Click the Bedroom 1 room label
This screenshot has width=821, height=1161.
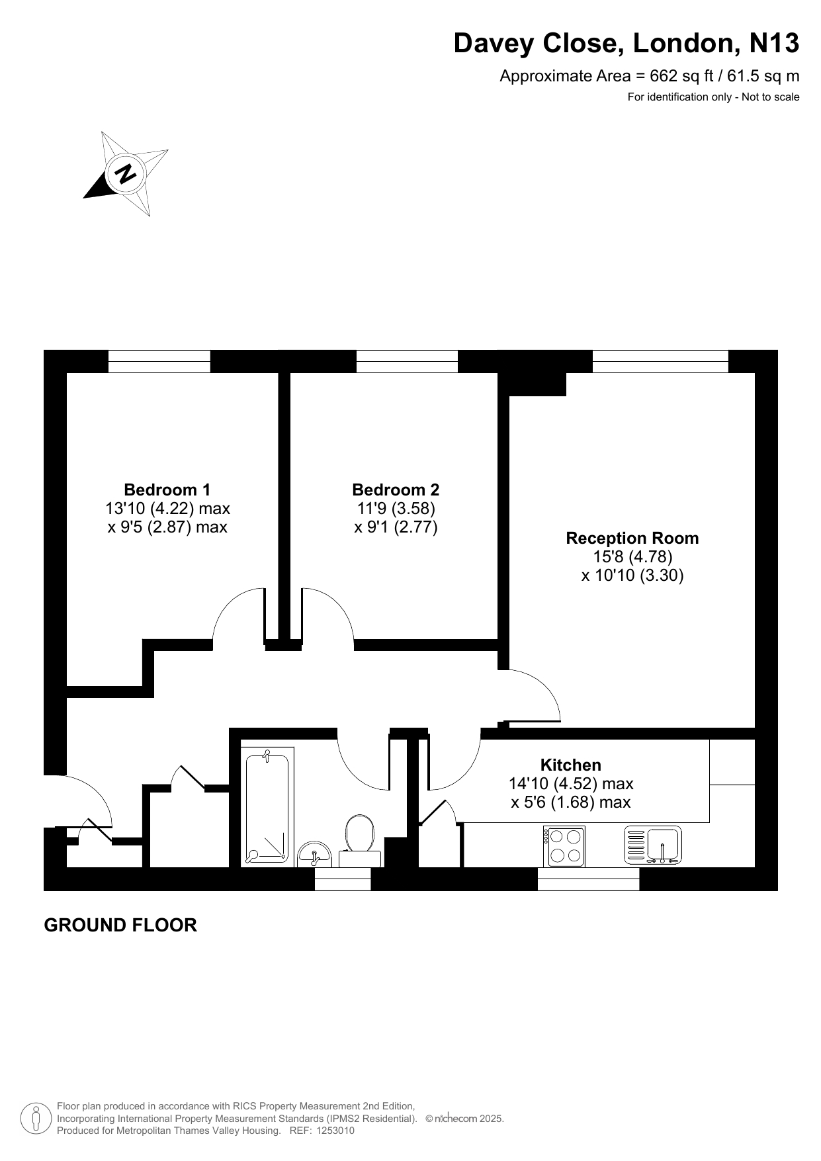pyautogui.click(x=167, y=490)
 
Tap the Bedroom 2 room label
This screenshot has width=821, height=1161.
pyautogui.click(x=396, y=490)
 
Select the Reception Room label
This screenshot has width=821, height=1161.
pyautogui.click(x=632, y=538)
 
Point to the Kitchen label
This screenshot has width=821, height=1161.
pyautogui.click(x=571, y=765)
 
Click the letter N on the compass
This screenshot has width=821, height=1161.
pyautogui.click(x=125, y=173)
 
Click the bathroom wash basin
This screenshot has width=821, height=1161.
pyautogui.click(x=314, y=854)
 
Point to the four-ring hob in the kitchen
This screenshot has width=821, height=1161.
pyautogui.click(x=564, y=846)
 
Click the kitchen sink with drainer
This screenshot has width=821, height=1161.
pyautogui.click(x=653, y=845)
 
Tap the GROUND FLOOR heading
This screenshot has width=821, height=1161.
pyautogui.click(x=120, y=925)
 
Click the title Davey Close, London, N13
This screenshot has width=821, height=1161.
pyautogui.click(x=626, y=44)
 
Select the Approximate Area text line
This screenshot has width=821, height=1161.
pyautogui.click(x=649, y=76)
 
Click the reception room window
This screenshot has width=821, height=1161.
pyautogui.click(x=660, y=361)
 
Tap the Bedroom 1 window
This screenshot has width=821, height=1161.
pyautogui.click(x=159, y=361)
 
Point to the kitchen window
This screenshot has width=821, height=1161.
pyautogui.click(x=588, y=879)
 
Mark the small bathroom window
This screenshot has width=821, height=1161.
pyautogui.click(x=343, y=879)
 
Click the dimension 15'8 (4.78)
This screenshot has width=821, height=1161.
pyautogui.click(x=632, y=556)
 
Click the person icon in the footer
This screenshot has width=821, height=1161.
pyautogui.click(x=36, y=1119)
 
